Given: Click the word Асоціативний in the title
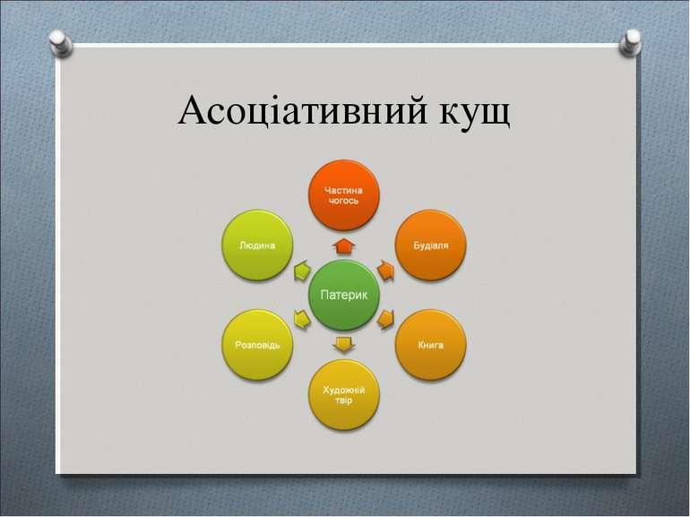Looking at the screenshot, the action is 302,110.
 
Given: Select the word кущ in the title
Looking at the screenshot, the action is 475,114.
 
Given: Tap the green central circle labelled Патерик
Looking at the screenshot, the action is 344,295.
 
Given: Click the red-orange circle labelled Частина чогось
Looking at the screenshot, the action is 344,195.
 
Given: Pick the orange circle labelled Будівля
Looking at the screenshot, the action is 431,246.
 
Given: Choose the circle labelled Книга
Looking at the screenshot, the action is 431,345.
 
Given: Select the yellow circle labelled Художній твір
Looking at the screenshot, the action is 344,394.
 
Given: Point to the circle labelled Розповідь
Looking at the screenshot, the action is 257,345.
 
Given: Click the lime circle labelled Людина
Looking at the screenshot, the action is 257,246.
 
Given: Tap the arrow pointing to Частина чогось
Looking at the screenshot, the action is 344,246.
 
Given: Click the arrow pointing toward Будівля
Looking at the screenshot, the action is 385,271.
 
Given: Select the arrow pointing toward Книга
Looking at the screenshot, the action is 385,320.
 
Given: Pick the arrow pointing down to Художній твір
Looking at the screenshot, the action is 344,344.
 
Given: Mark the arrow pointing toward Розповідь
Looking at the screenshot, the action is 302,320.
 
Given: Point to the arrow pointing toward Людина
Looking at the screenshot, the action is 302,271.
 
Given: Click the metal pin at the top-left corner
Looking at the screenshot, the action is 60,43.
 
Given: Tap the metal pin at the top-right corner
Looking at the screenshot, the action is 630,43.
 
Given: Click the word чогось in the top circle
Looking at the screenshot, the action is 344,201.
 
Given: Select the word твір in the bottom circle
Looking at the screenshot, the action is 344,401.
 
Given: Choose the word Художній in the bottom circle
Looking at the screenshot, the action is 344,390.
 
